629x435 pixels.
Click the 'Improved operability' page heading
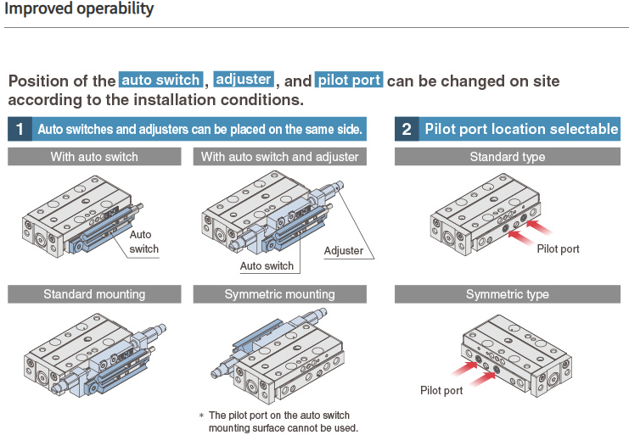(81, 9)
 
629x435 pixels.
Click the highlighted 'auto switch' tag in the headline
(161, 81)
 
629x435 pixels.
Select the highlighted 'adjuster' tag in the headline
(244, 80)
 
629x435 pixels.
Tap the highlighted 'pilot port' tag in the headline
(349, 81)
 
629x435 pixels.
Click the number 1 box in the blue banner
(19, 129)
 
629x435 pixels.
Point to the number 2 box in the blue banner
(407, 129)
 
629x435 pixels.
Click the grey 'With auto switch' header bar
(94, 157)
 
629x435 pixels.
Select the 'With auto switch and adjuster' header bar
(279, 157)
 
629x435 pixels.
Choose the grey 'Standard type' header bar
(507, 157)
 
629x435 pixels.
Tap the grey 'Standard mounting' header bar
(94, 294)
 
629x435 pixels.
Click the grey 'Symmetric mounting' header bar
(279, 294)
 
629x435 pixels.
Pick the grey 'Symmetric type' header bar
(507, 294)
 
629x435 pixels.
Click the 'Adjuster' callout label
(344, 250)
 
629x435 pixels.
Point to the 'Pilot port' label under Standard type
(559, 249)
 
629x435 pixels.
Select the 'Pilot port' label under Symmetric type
(441, 390)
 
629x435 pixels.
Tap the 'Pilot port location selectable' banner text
(521, 129)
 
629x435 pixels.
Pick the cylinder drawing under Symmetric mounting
(280, 356)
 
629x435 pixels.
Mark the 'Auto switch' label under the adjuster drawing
(267, 266)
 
